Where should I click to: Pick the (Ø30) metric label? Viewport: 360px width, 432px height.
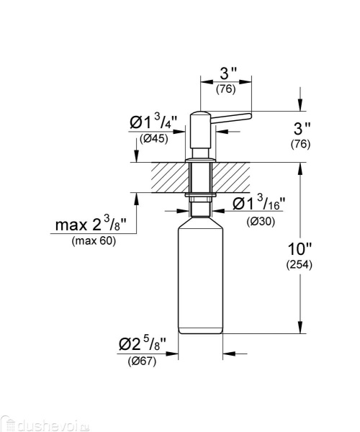260,222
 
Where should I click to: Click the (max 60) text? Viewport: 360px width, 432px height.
94,240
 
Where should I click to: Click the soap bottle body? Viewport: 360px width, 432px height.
201,281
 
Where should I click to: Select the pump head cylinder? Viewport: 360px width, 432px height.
198,130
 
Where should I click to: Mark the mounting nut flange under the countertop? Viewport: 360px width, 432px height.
201,195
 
